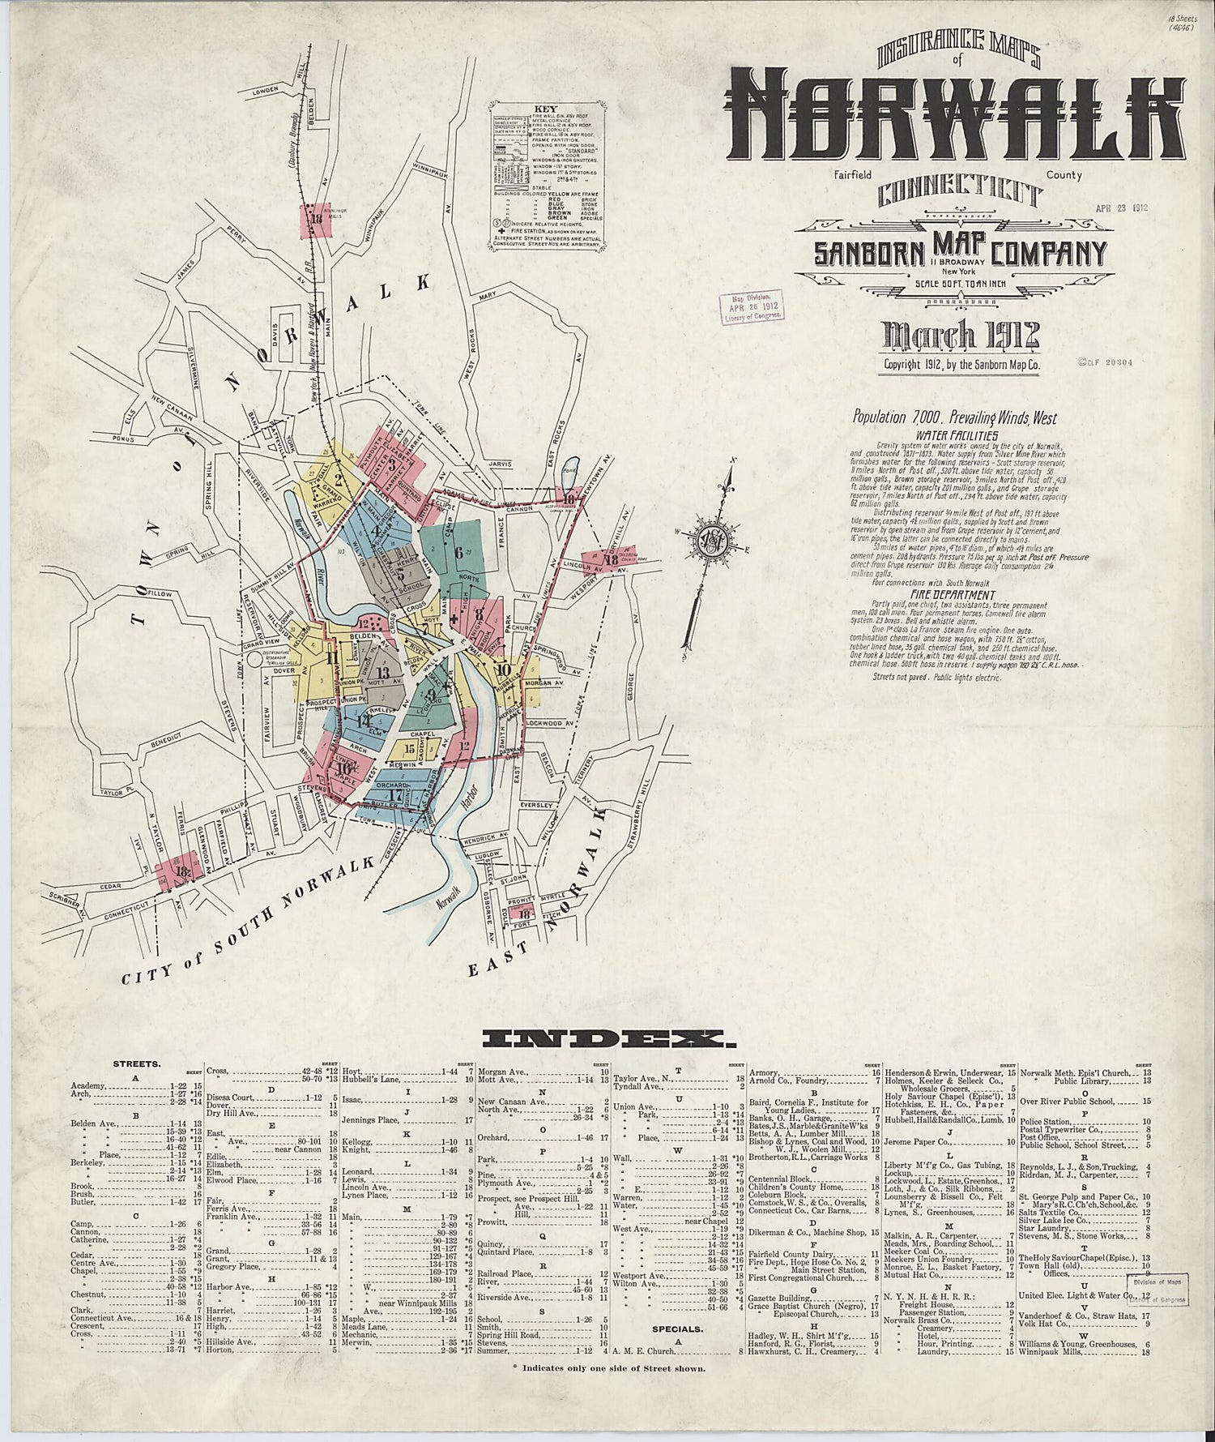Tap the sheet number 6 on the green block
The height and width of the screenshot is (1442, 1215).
[x=459, y=554]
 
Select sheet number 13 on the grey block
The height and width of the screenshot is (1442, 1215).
[x=382, y=672]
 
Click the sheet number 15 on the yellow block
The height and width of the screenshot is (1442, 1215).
[x=411, y=749]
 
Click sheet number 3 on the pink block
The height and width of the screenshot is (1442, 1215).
[x=393, y=464]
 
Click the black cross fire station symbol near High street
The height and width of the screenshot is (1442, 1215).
[x=454, y=619]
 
